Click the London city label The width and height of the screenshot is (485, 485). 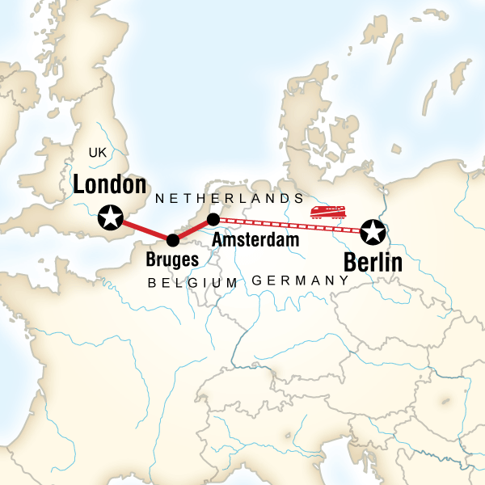pyautogui.click(x=109, y=185)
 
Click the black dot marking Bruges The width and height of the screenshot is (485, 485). pyautogui.click(x=172, y=240)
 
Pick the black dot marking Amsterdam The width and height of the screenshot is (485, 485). pyautogui.click(x=213, y=219)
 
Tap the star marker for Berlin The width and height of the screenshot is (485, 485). pyautogui.click(x=373, y=233)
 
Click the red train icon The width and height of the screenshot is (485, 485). pyautogui.click(x=328, y=213)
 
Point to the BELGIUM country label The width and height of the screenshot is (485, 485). pyautogui.click(x=193, y=282)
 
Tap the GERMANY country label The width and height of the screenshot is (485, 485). pyautogui.click(x=300, y=280)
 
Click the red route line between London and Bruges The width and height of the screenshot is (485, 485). pyautogui.click(x=141, y=229)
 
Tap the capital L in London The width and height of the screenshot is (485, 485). pyautogui.click(x=79, y=185)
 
